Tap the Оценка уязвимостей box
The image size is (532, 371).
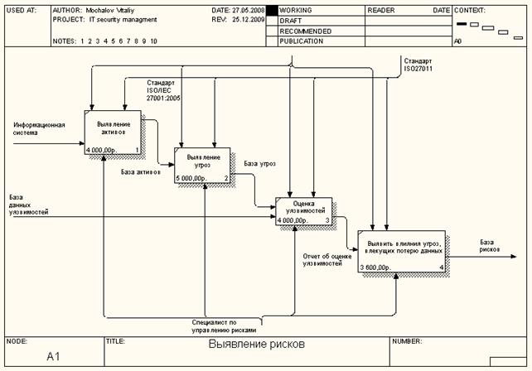(302, 211)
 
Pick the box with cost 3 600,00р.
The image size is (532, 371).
(402, 252)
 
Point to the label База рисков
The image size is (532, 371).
(490, 246)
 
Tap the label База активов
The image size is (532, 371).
(141, 172)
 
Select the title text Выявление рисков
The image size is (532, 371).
(257, 342)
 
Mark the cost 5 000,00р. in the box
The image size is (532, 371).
(191, 178)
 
